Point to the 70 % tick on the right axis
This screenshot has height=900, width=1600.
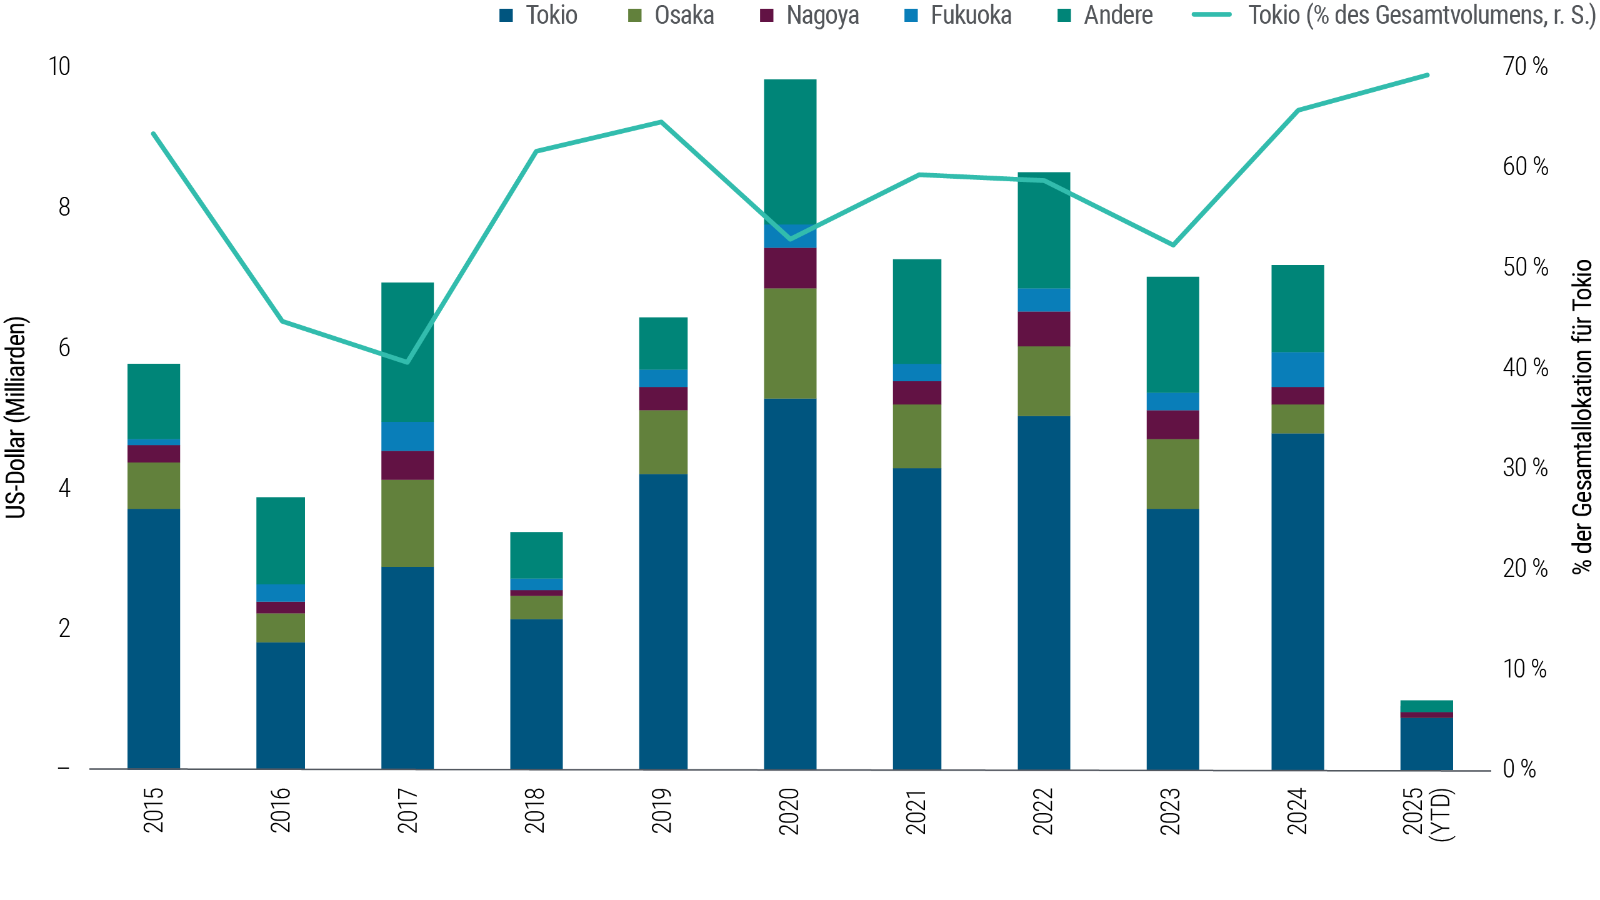pyautogui.click(x=1525, y=66)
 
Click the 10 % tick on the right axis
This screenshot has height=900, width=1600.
pyautogui.click(x=1525, y=669)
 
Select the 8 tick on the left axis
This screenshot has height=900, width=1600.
pyautogui.click(x=64, y=207)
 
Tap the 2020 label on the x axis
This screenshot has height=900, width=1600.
pyautogui.click(x=790, y=811)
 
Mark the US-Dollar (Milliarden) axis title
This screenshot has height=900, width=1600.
pyautogui.click(x=16, y=417)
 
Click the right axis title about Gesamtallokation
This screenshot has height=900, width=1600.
pyautogui.click(x=1582, y=417)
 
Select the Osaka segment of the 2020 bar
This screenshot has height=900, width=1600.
pyautogui.click(x=790, y=343)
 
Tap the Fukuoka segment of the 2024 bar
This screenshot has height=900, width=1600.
pyautogui.click(x=1297, y=369)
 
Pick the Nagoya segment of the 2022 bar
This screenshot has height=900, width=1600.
pyautogui.click(x=1044, y=329)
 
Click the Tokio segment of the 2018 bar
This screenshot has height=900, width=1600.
pyautogui.click(x=536, y=694)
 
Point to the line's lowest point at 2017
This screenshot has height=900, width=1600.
pyautogui.click(x=407, y=362)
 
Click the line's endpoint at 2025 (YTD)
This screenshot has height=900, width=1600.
pyautogui.click(x=1427, y=75)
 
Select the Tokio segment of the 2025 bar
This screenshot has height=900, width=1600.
pyautogui.click(x=1426, y=743)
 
